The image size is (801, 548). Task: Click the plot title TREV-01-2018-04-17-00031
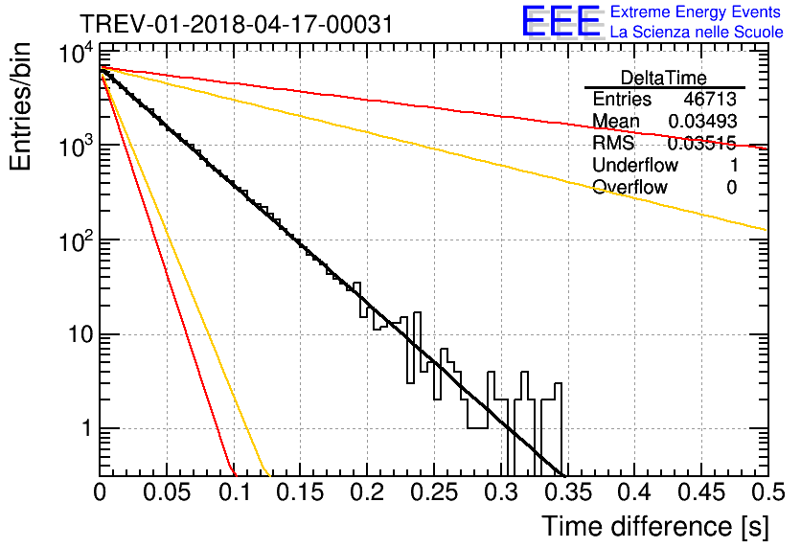tap(237, 24)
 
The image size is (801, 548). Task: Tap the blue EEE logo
tap(561, 21)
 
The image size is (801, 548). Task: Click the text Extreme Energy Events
tap(696, 11)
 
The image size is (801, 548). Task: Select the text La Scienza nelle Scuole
tap(697, 32)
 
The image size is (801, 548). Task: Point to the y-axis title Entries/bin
tap(20, 106)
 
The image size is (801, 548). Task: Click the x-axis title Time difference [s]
tap(655, 526)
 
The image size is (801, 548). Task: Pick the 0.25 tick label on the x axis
tap(434, 492)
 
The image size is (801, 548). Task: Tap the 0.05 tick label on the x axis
tap(167, 492)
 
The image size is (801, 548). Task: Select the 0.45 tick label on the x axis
tap(701, 492)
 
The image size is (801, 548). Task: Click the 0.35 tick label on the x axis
tap(568, 492)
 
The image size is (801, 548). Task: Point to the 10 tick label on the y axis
tap(81, 335)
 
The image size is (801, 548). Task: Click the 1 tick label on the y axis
tap(87, 428)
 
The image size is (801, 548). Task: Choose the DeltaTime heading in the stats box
tap(664, 78)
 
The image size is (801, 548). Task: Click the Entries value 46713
tap(710, 99)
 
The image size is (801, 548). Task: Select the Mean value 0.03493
tap(702, 121)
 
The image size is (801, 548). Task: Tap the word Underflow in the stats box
tap(635, 165)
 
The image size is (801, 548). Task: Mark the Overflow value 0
tap(731, 188)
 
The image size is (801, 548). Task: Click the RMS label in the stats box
tap(613, 143)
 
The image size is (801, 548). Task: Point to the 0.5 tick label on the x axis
tap(767, 492)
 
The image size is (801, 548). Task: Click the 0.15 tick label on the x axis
tap(301, 492)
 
